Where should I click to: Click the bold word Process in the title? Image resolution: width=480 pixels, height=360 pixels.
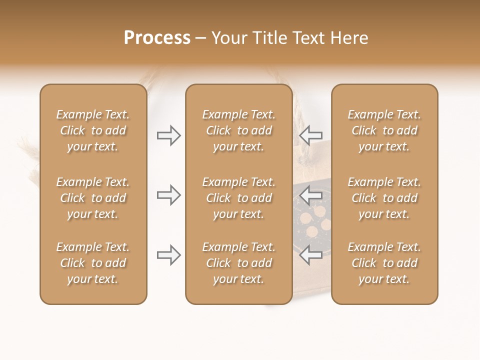click(x=157, y=38)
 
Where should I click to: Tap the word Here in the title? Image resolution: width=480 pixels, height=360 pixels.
click(x=348, y=38)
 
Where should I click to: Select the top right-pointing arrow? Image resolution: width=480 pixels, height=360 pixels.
click(x=169, y=135)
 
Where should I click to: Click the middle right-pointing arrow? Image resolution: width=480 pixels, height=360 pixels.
click(x=169, y=195)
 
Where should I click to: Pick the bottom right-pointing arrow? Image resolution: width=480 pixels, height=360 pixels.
click(x=169, y=255)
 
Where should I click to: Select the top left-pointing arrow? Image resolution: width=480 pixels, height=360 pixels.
click(x=310, y=135)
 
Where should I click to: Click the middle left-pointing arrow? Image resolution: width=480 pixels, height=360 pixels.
click(x=310, y=195)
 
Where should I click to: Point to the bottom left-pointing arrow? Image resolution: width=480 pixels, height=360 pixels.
click(x=310, y=255)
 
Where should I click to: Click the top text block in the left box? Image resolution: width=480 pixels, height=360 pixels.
click(x=93, y=130)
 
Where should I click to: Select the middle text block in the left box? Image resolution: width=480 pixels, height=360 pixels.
click(x=93, y=198)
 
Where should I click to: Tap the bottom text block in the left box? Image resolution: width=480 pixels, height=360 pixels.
click(x=93, y=263)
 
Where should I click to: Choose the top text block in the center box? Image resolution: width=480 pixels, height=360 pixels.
click(x=238, y=130)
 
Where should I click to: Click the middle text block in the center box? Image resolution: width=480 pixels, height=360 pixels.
click(x=238, y=198)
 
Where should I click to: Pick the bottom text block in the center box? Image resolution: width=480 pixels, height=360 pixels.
click(x=238, y=263)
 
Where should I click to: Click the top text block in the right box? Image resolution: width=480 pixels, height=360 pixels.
click(x=384, y=130)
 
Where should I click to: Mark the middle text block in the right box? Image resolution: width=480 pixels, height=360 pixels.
click(x=384, y=198)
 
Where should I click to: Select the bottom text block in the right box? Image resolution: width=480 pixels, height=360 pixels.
click(x=384, y=263)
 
